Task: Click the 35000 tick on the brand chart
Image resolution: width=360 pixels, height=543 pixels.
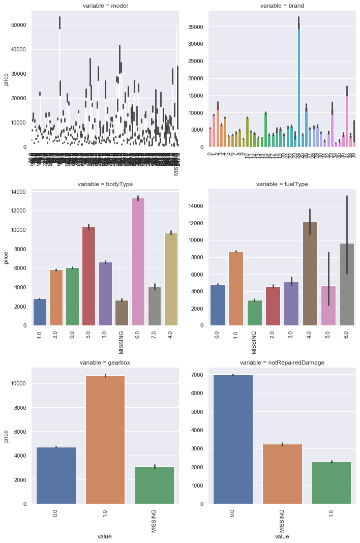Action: point(195,26)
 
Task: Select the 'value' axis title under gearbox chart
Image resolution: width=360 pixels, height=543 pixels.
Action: point(105,536)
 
